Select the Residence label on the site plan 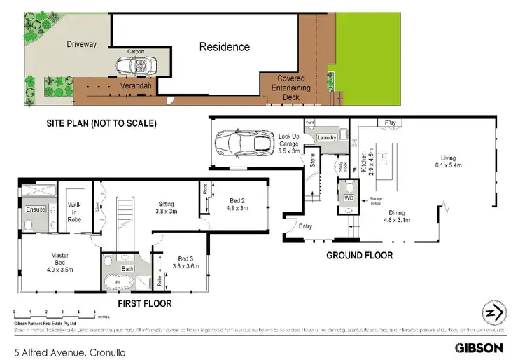[x=224, y=47]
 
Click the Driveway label [x=81, y=44]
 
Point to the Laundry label [x=327, y=139]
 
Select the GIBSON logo [x=479, y=347]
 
